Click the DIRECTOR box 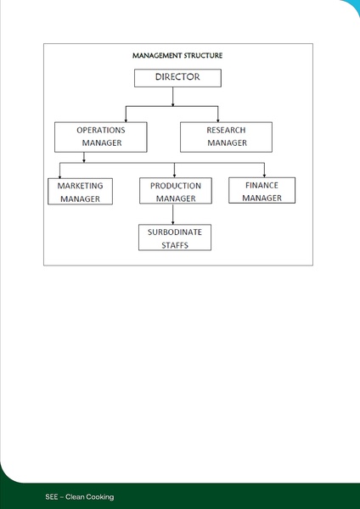pyautogui.click(x=177, y=78)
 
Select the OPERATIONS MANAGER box pyautogui.click(x=100, y=137)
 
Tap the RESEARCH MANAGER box pyautogui.click(x=226, y=137)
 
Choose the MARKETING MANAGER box pyautogui.click(x=80, y=192)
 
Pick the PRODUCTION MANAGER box pyautogui.click(x=175, y=191)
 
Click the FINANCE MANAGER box pyautogui.click(x=262, y=190)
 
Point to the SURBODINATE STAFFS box pyautogui.click(x=174, y=238)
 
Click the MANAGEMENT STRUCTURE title pyautogui.click(x=177, y=55)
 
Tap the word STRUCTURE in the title pyautogui.click(x=200, y=55)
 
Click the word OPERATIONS pyautogui.click(x=101, y=131)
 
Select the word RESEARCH pyautogui.click(x=226, y=131)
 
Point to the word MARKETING pyautogui.click(x=80, y=186)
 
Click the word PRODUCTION pyautogui.click(x=176, y=186)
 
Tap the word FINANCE pyautogui.click(x=262, y=184)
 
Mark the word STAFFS pyautogui.click(x=174, y=244)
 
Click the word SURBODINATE pyautogui.click(x=174, y=232)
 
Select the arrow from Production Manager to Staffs pyautogui.click(x=173, y=214)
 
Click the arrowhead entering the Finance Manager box pyautogui.click(x=264, y=175)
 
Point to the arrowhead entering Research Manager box pyautogui.click(x=218, y=119)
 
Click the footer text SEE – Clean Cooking pyautogui.click(x=80, y=496)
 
